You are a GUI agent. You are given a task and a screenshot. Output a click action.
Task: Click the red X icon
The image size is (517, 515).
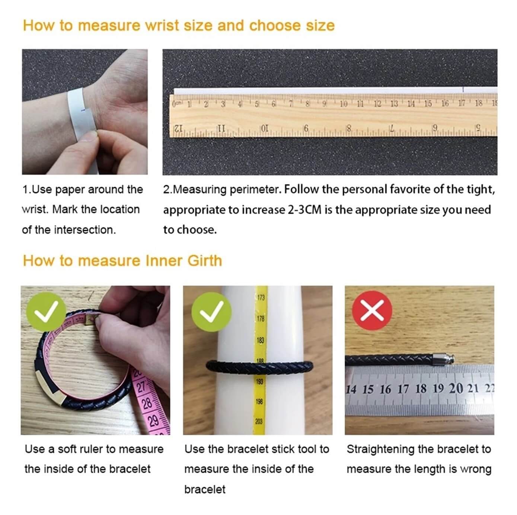pos(372,310)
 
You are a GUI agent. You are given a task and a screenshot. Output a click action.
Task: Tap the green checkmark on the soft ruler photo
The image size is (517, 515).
pos(46,311)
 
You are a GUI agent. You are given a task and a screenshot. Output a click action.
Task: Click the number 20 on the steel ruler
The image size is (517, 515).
pos(456,389)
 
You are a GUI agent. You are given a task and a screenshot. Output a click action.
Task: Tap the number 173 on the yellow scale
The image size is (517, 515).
pos(261,298)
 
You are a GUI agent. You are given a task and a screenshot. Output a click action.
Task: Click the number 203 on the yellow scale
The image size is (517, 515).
pos(259,421)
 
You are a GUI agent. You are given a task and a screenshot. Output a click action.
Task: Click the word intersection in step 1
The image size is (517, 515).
pos(84,230)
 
